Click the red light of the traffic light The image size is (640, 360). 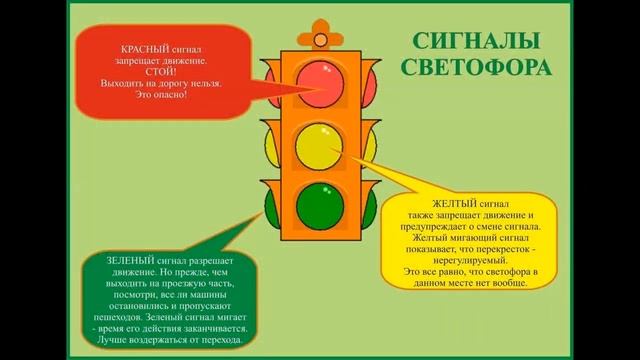(x=320, y=79)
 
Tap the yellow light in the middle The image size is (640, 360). (x=320, y=144)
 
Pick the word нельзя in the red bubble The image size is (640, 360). (x=203, y=84)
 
